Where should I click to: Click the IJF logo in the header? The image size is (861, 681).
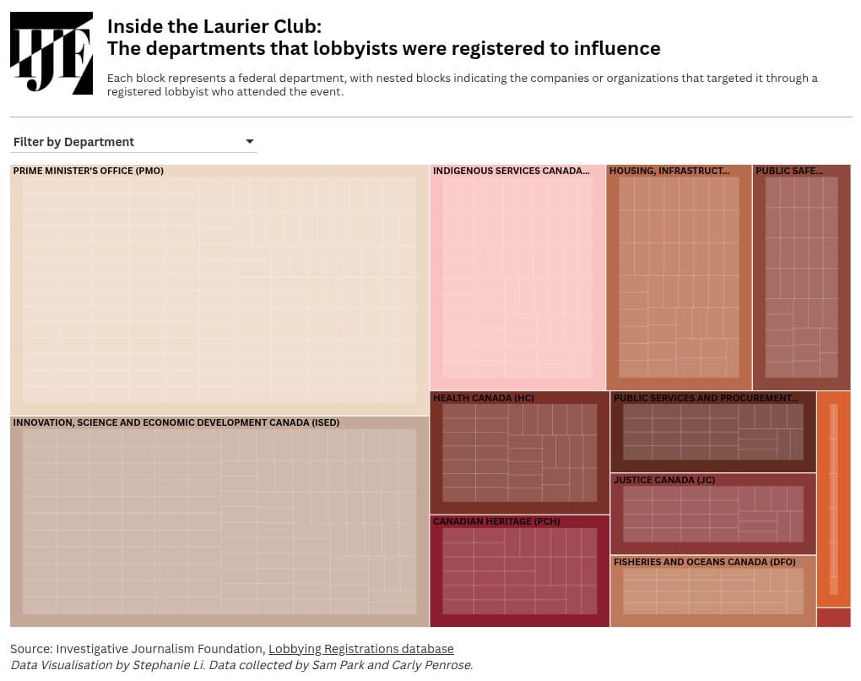tap(51, 53)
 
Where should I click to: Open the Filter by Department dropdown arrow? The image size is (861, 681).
tap(249, 141)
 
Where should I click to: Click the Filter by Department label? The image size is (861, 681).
tap(73, 142)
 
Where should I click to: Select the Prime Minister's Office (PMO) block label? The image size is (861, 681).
tap(88, 171)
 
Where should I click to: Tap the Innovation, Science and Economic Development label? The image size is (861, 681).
tap(176, 422)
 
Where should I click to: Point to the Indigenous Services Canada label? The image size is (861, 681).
tap(511, 171)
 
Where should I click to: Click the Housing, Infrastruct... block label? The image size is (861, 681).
tap(669, 171)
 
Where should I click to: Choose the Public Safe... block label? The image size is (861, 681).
tap(788, 171)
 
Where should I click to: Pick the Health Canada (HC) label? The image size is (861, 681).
tap(483, 398)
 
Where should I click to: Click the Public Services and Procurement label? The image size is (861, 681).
tap(705, 398)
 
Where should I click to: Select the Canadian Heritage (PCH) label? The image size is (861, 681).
tap(496, 521)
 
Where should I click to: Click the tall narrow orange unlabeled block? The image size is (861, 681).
tap(833, 498)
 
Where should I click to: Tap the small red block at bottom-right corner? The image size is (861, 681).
tap(833, 617)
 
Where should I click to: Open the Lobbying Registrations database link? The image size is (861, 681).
tap(360, 649)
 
